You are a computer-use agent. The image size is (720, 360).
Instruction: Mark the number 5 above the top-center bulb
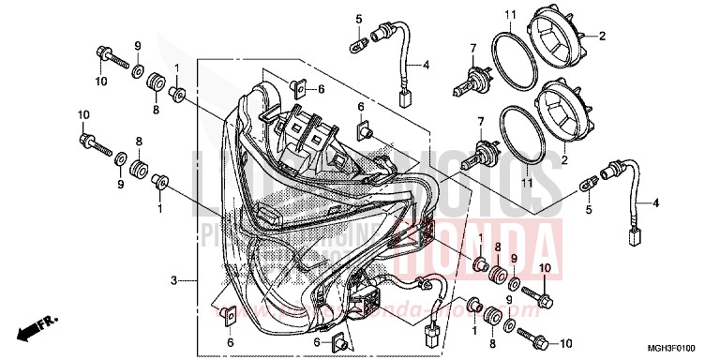click(358, 18)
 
